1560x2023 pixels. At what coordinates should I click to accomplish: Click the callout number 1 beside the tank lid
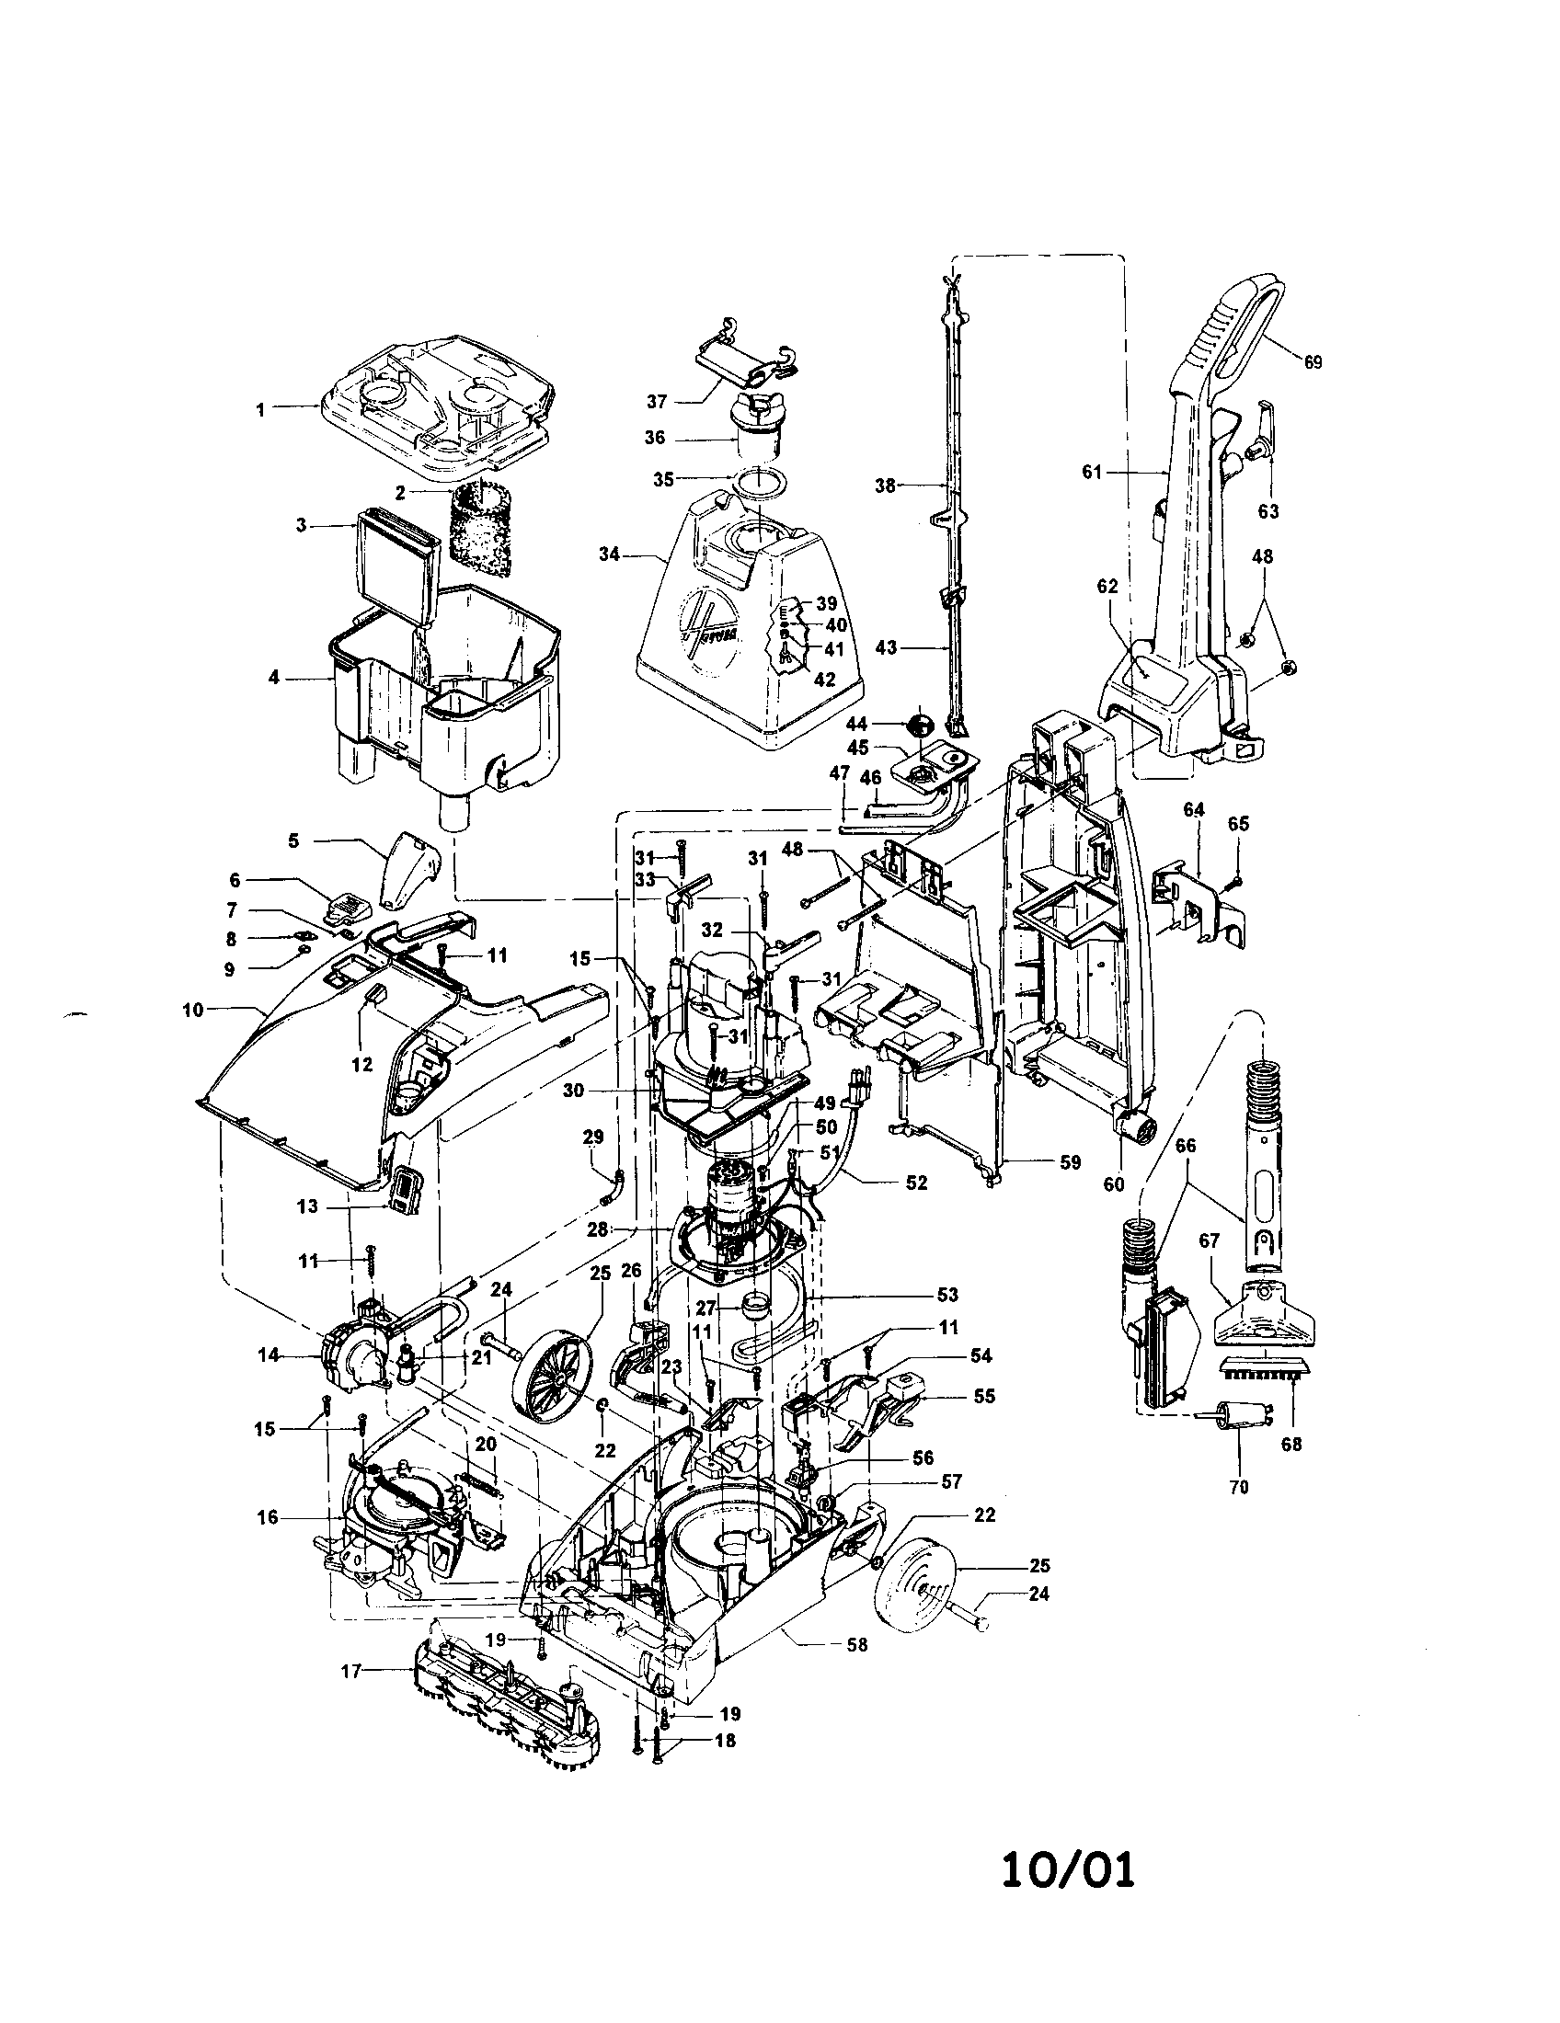[260, 409]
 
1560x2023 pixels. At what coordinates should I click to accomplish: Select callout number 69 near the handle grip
[1313, 362]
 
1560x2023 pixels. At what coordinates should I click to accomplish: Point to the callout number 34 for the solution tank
[609, 554]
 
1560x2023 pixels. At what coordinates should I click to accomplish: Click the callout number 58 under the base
[857, 1644]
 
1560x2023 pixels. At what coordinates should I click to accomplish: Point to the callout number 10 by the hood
[192, 1010]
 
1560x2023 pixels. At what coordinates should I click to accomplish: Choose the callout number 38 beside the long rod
[885, 485]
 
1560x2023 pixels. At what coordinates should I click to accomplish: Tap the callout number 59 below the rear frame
[1070, 1161]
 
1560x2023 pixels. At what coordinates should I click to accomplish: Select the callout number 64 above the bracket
[1193, 810]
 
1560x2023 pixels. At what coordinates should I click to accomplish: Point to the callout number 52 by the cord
[915, 1183]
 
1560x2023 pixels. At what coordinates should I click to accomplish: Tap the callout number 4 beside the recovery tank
[273, 677]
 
